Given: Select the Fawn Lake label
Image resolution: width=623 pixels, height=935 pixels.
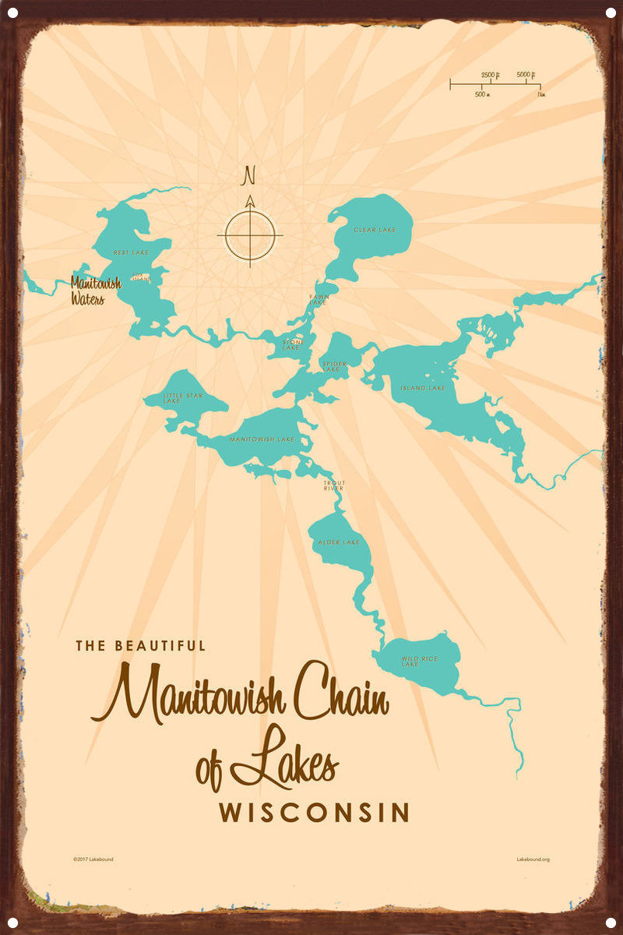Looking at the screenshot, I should [319, 299].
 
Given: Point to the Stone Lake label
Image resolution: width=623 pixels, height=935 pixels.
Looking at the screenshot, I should [291, 344].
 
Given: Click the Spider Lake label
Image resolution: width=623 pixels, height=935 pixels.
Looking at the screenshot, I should [333, 365].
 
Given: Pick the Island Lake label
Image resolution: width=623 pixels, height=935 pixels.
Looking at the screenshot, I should [423, 388].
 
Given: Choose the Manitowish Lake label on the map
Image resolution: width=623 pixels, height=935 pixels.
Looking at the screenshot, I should [262, 439].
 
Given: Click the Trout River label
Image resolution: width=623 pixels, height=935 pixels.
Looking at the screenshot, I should [334, 485].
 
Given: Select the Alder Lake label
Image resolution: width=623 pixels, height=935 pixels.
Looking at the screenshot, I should [339, 542].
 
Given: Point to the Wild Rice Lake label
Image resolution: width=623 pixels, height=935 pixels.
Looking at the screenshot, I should [419, 662].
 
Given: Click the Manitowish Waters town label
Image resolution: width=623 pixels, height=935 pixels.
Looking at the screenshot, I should [94, 291].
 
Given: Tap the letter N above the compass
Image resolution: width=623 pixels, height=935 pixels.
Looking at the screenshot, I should [250, 173].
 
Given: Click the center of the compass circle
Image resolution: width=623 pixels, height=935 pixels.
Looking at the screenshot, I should [250, 234].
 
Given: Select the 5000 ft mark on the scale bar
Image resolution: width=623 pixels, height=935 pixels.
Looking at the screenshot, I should [527, 76].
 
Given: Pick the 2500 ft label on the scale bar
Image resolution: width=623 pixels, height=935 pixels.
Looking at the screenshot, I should [490, 75].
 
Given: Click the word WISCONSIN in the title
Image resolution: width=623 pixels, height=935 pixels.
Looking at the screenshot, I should [314, 813].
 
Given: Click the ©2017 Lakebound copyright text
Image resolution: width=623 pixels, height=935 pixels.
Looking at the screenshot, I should [93, 859].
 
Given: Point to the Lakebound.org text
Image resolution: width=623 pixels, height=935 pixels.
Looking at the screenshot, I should [533, 859].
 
